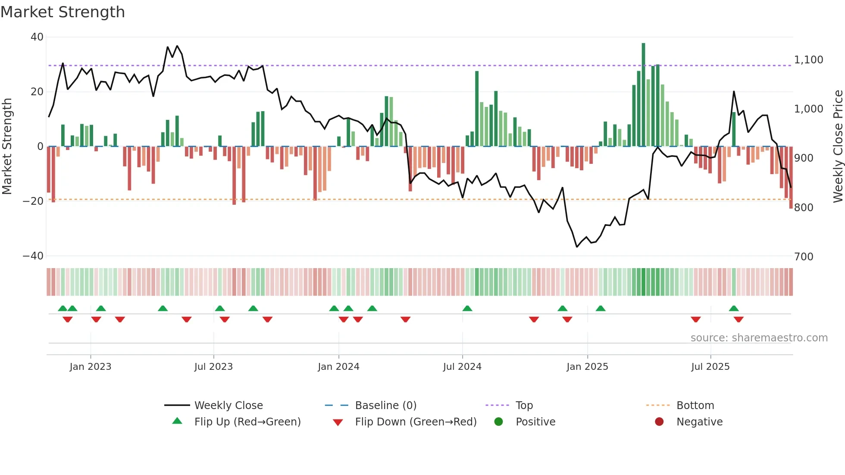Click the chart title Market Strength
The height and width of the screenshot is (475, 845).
[63, 12]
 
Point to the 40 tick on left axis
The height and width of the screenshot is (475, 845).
[37, 37]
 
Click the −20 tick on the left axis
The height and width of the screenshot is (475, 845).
[33, 201]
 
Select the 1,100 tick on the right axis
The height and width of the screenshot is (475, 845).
[808, 60]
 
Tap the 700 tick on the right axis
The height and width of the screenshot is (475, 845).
[804, 257]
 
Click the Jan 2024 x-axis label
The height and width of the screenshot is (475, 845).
[338, 367]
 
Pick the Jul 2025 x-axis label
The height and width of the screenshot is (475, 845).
[710, 367]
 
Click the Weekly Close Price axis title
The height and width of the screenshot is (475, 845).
[838, 147]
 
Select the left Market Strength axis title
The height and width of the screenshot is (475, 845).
[7, 147]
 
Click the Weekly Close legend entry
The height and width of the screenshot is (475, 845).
[228, 406]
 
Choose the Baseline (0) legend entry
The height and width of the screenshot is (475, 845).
[385, 406]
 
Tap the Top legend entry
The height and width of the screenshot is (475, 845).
[524, 406]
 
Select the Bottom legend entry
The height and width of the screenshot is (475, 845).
[695, 406]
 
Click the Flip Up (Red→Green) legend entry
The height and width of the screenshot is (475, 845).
[247, 422]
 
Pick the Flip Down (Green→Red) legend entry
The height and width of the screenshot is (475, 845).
[416, 422]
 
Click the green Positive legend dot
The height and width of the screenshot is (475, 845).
[498, 422]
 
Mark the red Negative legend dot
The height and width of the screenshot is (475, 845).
[659, 422]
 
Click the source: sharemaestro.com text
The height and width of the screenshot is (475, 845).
[759, 338]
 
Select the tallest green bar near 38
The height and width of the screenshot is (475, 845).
[643, 95]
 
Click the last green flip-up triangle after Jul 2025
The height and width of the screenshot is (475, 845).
[734, 309]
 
